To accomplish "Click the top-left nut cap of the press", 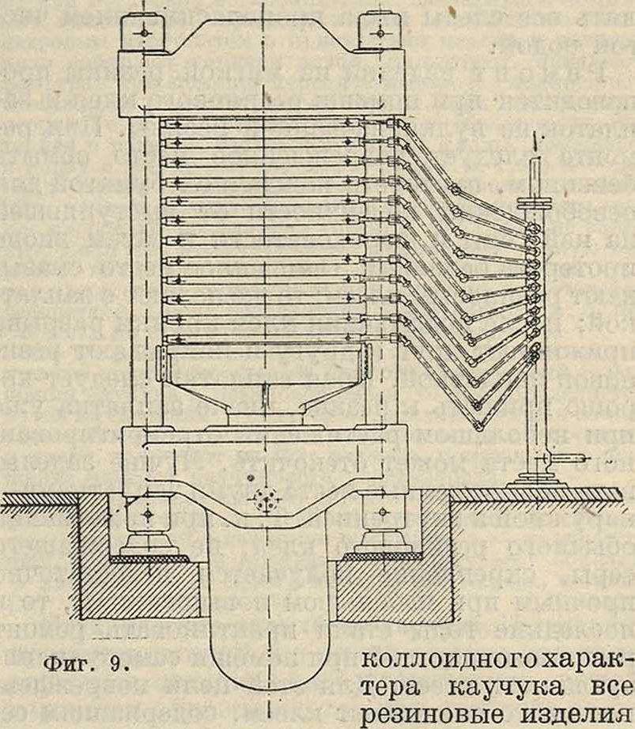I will point(140,32).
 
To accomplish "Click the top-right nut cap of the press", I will point(379,32).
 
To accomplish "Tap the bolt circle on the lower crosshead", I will point(260,499).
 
